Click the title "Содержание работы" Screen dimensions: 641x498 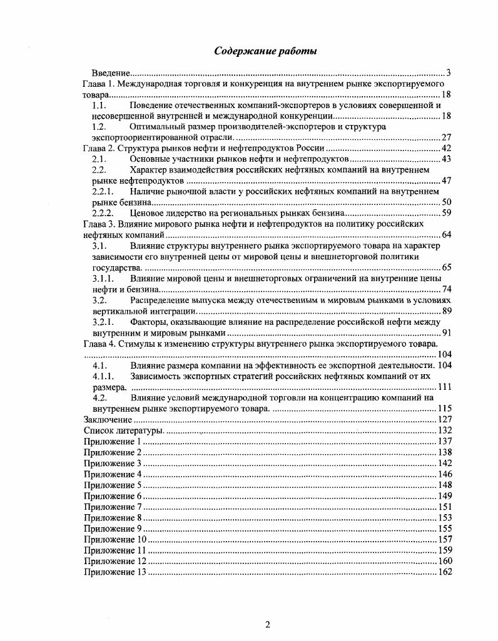point(265,51)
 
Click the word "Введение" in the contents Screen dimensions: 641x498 point(111,72)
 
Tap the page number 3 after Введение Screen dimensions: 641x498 point(449,72)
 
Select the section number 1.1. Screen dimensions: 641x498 point(99,105)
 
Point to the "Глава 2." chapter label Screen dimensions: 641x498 point(98,148)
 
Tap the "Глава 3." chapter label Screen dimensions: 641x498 point(98,223)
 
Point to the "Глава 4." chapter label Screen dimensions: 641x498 point(98,344)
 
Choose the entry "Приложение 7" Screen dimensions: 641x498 point(113,506)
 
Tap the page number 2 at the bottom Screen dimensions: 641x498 point(267,625)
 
